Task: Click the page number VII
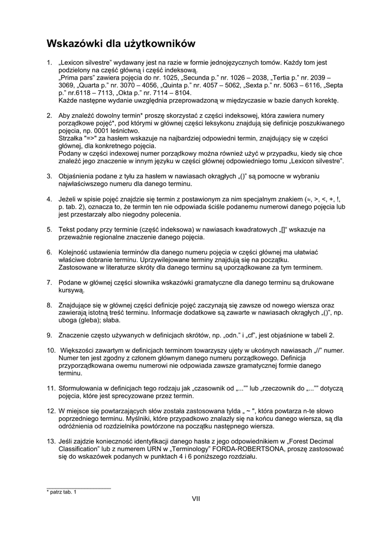(196, 498)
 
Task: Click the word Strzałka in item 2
(70, 138)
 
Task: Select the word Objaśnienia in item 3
(78, 176)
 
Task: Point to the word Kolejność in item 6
(74, 252)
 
